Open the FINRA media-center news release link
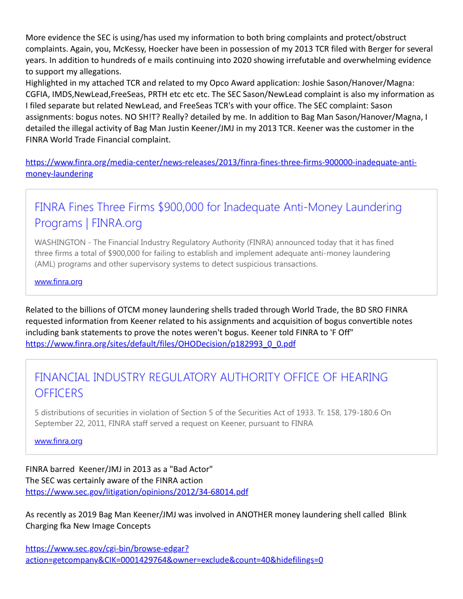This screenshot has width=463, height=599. [221, 163]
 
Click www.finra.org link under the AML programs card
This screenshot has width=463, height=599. [58, 281]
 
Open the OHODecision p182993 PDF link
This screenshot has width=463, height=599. [161, 344]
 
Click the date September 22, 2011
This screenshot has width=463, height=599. [73, 423]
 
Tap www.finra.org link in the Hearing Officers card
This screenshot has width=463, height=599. [58, 441]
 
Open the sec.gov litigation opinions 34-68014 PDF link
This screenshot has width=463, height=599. [137, 492]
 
